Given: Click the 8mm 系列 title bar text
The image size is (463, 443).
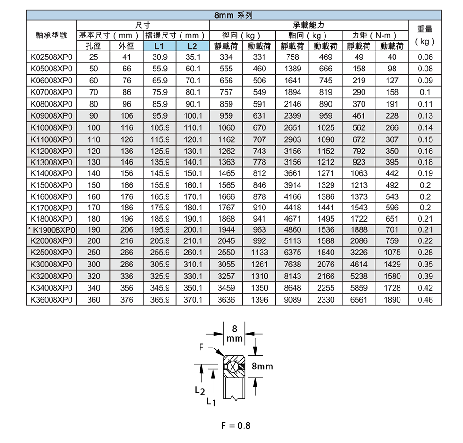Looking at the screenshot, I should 234,15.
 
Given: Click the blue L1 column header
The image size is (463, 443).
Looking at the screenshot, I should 159,46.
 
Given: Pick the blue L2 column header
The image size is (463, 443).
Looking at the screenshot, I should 192,46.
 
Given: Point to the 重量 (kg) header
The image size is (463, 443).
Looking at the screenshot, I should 425,35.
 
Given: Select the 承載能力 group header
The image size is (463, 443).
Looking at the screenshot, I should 308,24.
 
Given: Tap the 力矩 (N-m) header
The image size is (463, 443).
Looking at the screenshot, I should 375,35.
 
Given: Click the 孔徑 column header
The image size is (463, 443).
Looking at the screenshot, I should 93,46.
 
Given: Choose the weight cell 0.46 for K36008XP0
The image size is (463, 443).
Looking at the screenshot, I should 425,300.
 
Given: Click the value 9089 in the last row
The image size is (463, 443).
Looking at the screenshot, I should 293,300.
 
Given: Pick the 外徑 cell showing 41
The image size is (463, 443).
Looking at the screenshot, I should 126,57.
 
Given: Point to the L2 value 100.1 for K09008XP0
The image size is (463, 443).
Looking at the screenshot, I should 192,115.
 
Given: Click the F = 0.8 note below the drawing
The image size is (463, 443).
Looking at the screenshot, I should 236,425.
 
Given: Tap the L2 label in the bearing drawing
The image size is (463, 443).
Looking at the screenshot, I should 199,391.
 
